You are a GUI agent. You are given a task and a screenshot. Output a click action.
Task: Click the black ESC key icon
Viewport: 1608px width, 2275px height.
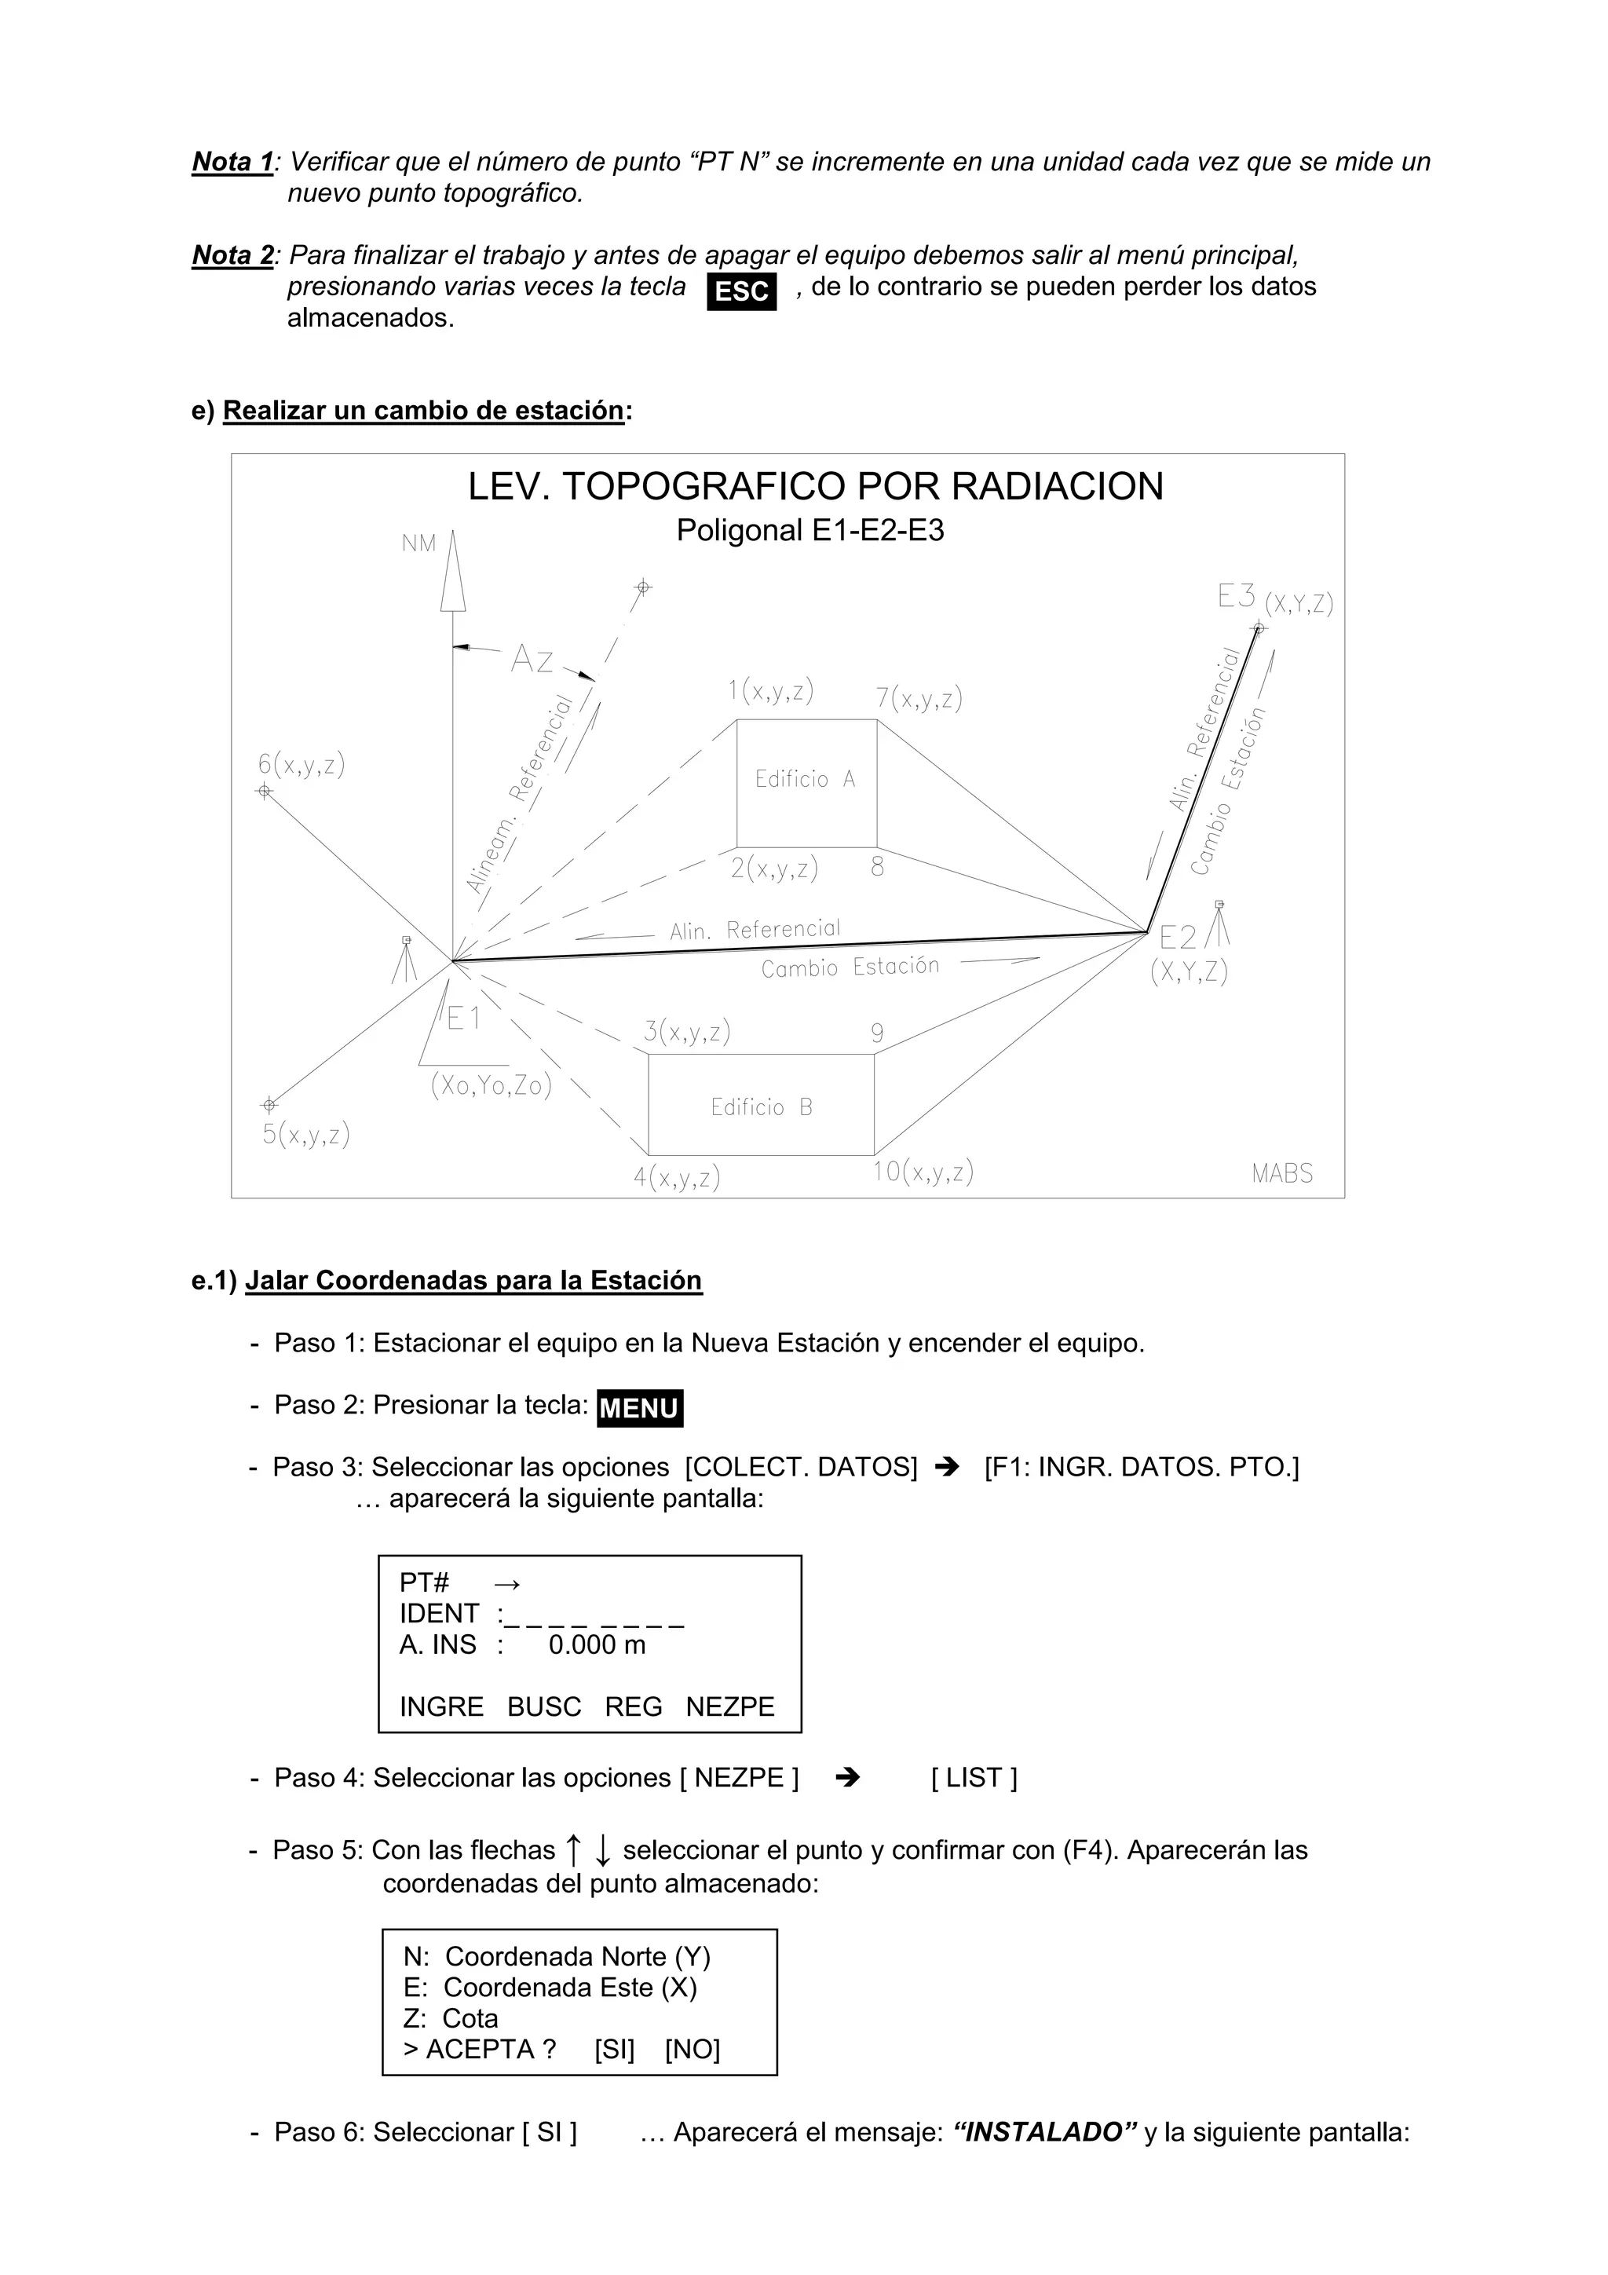pyautogui.click(x=741, y=292)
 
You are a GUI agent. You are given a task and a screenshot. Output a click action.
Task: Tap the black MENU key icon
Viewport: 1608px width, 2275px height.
pyautogui.click(x=640, y=1408)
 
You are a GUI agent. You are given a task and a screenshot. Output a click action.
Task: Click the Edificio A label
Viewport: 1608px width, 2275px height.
pyautogui.click(x=805, y=780)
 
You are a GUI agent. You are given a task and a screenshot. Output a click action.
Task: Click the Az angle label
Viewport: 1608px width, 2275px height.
pyautogui.click(x=532, y=660)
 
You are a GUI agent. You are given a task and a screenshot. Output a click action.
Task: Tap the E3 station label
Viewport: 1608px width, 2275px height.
pyautogui.click(x=1237, y=597)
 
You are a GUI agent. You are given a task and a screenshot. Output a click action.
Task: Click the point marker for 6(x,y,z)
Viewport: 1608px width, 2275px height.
pyautogui.click(x=265, y=791)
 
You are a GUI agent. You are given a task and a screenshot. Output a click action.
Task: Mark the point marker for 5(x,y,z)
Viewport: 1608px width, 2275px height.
pyautogui.click(x=269, y=1105)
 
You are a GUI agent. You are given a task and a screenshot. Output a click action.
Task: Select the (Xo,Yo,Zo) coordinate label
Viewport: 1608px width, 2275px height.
pyautogui.click(x=492, y=1086)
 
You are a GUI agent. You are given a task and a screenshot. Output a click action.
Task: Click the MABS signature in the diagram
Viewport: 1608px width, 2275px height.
pyautogui.click(x=1282, y=1173)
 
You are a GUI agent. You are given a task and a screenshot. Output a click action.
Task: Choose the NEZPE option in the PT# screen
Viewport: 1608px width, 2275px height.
pyautogui.click(x=730, y=1706)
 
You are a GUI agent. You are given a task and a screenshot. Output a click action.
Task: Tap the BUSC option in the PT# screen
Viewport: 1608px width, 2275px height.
pyautogui.click(x=544, y=1706)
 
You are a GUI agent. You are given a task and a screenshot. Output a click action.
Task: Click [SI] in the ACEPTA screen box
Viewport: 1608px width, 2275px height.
pyautogui.click(x=614, y=2049)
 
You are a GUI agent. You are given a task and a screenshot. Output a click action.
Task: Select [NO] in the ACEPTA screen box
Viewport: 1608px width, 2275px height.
pyautogui.click(x=693, y=2049)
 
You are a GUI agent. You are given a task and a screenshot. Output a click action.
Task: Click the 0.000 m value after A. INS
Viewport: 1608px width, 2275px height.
pyautogui.click(x=597, y=1645)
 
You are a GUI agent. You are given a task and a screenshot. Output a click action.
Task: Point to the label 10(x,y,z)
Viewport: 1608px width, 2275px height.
pyautogui.click(x=923, y=1172)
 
